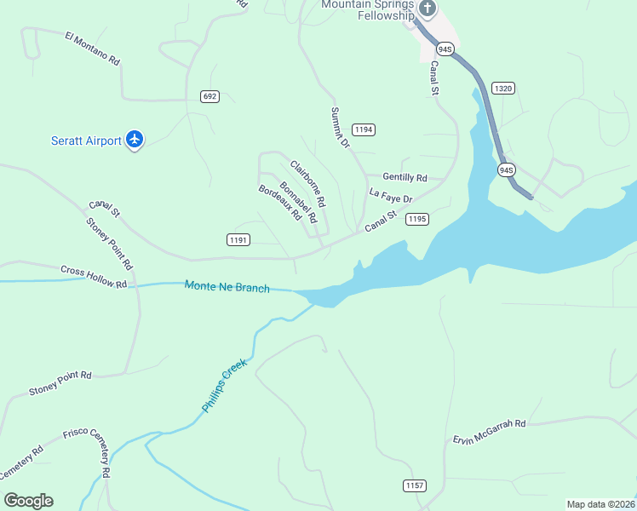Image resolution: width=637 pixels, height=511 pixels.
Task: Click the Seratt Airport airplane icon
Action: click(134, 140)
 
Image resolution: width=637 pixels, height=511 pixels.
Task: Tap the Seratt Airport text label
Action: click(86, 141)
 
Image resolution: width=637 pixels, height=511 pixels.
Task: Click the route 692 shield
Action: click(209, 96)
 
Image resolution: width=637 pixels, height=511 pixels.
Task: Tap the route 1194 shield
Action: click(364, 129)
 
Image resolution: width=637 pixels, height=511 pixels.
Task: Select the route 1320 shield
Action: click(503, 88)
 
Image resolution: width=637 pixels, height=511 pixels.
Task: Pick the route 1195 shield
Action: click(416, 219)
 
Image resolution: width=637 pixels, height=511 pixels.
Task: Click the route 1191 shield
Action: click(238, 240)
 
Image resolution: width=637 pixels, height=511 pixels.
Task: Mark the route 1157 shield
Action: click(414, 485)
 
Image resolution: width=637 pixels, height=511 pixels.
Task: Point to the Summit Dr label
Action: click(341, 128)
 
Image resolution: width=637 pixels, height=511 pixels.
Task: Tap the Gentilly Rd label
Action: click(405, 177)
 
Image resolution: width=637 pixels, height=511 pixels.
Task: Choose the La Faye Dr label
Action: click(391, 196)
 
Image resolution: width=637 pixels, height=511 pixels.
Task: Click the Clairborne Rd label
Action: click(307, 185)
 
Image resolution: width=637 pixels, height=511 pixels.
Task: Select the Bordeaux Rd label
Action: click(280, 203)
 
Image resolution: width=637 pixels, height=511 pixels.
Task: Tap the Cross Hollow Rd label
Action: click(94, 277)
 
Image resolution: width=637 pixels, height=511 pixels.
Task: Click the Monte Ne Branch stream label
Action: click(227, 287)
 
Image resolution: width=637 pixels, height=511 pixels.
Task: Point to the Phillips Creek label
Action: click(224, 386)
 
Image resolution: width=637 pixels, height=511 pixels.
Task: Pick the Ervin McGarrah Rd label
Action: click(489, 431)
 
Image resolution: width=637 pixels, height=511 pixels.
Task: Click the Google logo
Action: click(28, 501)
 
